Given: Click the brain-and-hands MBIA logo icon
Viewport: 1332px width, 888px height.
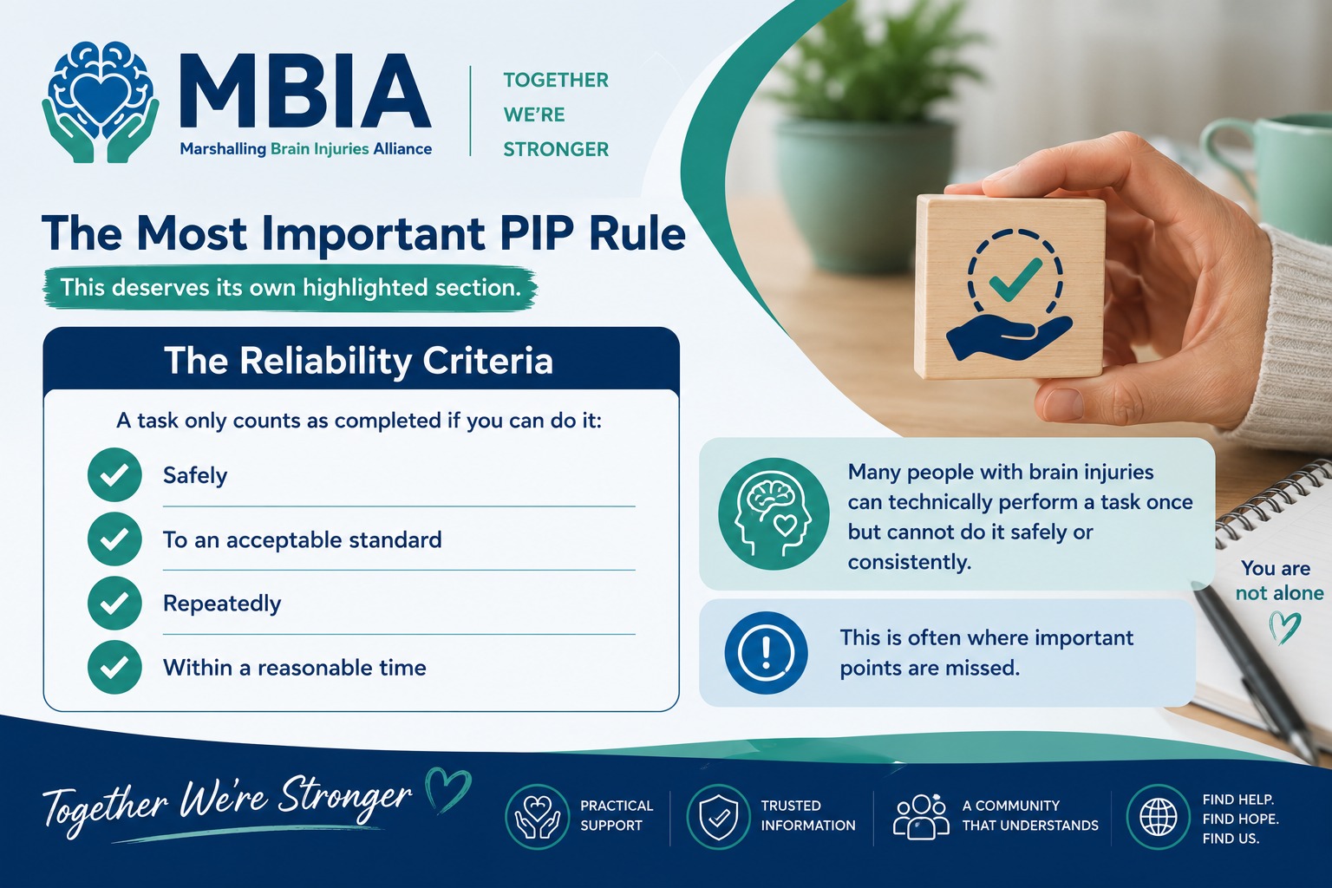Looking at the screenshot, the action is [101, 101].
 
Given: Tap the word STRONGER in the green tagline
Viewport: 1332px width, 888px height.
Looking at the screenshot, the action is [556, 149].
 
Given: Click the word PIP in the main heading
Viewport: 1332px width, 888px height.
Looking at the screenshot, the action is [537, 233].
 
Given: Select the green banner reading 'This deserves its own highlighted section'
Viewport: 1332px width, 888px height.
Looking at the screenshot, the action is [291, 288].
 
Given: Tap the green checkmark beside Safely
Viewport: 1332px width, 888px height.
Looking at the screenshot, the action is [114, 474].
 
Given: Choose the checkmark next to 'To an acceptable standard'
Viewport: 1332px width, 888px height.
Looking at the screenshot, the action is [114, 539].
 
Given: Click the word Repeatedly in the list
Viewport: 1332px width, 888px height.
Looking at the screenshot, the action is [222, 604].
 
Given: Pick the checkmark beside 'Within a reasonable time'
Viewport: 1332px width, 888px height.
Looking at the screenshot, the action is [114, 668].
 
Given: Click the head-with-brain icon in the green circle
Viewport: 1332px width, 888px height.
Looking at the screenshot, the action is [774, 514].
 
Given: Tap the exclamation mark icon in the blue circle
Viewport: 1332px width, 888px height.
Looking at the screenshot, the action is [766, 652].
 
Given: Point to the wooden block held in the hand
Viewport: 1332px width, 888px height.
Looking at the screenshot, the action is [1009, 287].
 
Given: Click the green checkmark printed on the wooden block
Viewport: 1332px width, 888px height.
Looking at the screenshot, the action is [1015, 278].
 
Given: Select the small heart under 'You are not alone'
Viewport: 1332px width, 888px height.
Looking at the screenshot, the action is [1284, 628].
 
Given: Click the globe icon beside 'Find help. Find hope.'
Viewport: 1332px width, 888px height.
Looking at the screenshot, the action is [1158, 817].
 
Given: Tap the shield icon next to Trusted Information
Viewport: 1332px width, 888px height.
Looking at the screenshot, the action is [718, 817].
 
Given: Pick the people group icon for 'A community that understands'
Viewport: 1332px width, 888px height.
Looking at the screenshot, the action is [920, 817].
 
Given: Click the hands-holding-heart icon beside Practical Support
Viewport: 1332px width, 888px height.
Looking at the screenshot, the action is [537, 817].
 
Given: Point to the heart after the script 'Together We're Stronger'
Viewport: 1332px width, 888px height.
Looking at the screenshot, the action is [448, 789].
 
